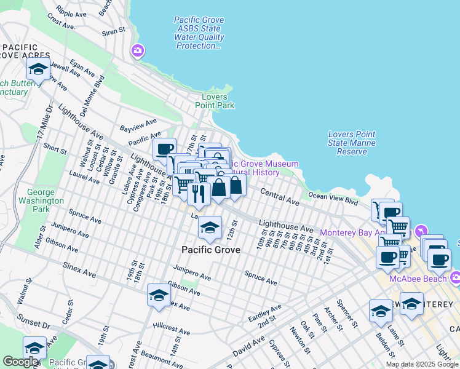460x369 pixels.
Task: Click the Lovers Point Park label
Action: pyautogui.click(x=214, y=101)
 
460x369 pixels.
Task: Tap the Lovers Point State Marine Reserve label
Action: pyautogui.click(x=351, y=143)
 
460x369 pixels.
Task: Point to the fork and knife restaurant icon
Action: pyautogui.click(x=199, y=194)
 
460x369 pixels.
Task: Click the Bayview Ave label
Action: pyautogui.click(x=139, y=126)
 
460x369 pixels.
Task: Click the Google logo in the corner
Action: pyautogui.click(x=20, y=362)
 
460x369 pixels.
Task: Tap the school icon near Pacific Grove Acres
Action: pyautogui.click(x=38, y=70)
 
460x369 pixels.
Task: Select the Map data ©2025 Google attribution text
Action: pyautogui.click(x=422, y=364)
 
